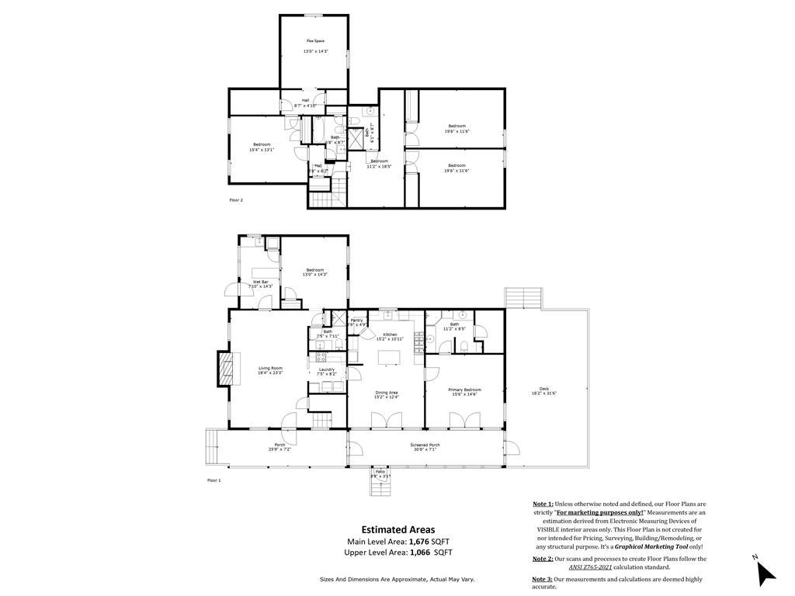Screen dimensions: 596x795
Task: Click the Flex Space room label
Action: click(x=314, y=40)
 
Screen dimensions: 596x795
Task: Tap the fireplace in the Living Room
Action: click(x=226, y=369)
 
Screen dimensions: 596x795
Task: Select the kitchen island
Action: click(x=387, y=358)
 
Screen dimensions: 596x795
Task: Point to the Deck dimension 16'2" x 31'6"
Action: click(x=543, y=393)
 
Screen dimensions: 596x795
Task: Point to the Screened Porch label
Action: click(x=425, y=445)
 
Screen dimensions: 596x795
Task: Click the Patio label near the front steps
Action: click(x=380, y=471)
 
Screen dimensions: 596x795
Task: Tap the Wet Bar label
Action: click(x=260, y=282)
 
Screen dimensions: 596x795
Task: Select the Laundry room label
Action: click(x=326, y=369)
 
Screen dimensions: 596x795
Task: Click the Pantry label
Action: click(x=356, y=320)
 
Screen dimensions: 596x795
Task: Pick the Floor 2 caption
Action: click(x=236, y=200)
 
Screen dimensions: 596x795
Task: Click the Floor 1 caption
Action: click(x=214, y=481)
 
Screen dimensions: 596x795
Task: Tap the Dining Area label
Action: click(x=387, y=393)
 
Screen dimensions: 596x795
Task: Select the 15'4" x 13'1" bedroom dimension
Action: click(x=261, y=150)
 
